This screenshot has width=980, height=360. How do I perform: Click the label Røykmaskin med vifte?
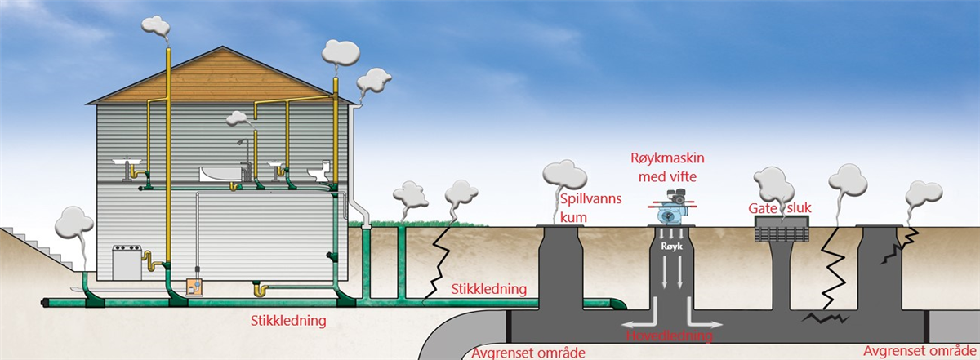[667, 167]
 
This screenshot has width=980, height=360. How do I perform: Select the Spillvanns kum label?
[590, 208]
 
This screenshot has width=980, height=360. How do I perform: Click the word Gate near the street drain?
[763, 209]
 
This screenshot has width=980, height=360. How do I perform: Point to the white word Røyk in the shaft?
[671, 247]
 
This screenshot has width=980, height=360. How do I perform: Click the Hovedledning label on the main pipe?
[670, 336]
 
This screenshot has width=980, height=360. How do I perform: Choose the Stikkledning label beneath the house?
[288, 321]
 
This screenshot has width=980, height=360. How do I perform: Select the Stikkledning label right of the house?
[488, 289]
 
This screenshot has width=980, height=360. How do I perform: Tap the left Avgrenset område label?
[528, 353]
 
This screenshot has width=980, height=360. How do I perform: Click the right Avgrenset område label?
[920, 351]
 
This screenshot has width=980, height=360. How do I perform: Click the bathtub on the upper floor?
[220, 174]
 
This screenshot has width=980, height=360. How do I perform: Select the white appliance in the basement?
[127, 263]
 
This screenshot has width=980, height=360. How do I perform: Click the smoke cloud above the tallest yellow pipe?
[155, 26]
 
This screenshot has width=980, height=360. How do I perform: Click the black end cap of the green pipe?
[43, 303]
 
